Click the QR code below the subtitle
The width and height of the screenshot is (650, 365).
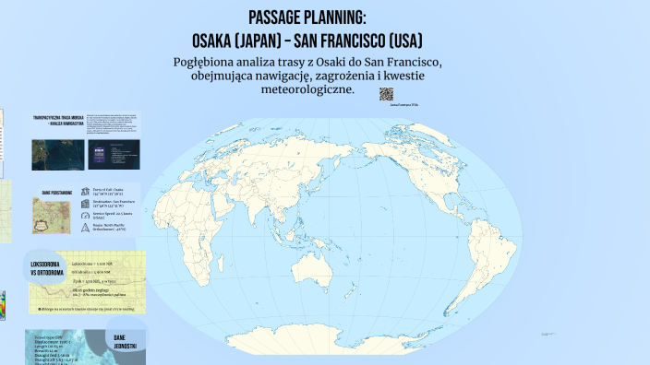tap(386, 94)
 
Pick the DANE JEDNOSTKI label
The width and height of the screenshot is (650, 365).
tap(126, 341)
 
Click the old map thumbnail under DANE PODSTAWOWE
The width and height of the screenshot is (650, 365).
tap(51, 215)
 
